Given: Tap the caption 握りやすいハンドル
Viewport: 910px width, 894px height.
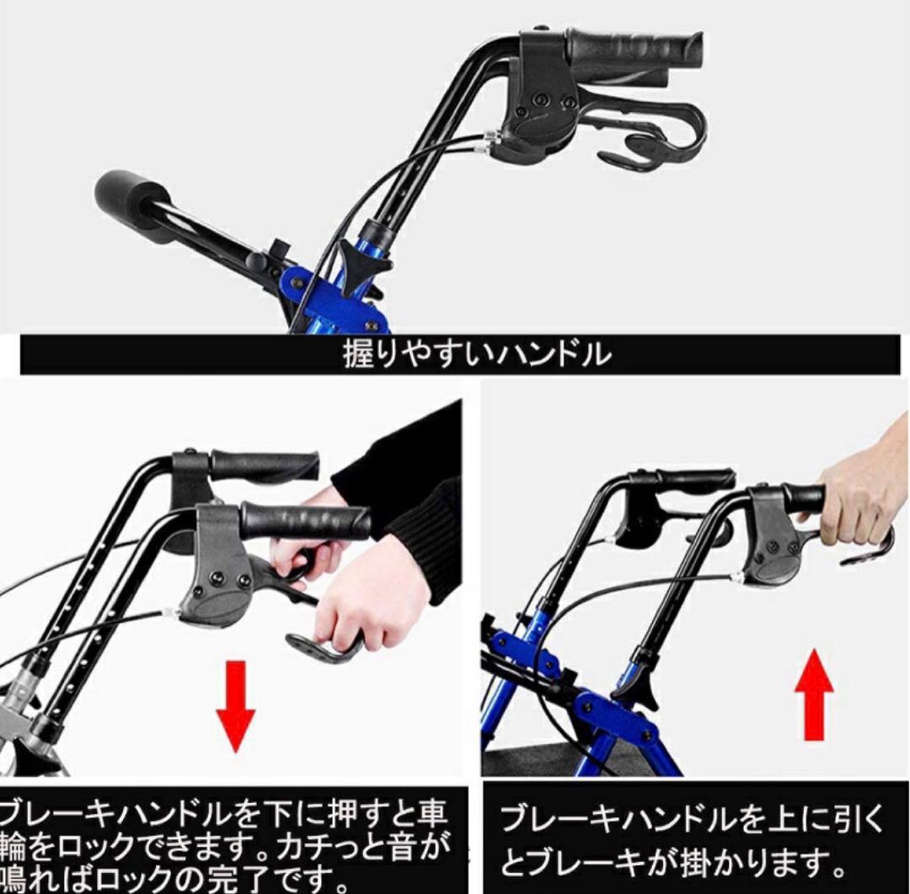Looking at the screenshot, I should [x=476, y=355].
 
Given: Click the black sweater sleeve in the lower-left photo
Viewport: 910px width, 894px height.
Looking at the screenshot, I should [x=413, y=497].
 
